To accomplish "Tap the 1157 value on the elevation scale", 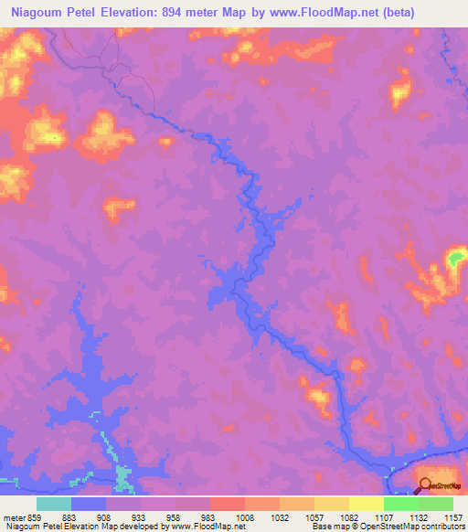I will pyautogui.click(x=454, y=516).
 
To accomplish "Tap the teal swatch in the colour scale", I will pyautogui.click(x=54, y=504).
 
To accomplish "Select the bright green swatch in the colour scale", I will pyautogui.click(x=400, y=504).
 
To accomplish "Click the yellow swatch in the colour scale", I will pyautogui.click(x=366, y=504).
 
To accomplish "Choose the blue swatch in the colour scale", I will pyautogui.click(x=89, y=504).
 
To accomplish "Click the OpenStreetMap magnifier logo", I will pyautogui.click(x=426, y=485).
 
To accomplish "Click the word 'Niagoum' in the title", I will pyautogui.click(x=40, y=13).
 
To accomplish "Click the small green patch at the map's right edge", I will pyautogui.click(x=454, y=260).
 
